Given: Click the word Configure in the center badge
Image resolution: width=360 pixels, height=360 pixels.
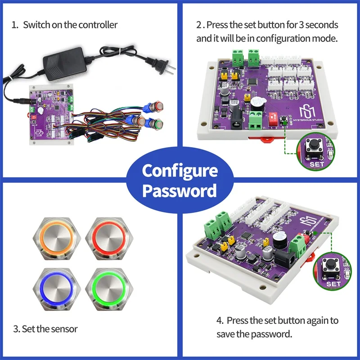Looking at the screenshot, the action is [180, 171].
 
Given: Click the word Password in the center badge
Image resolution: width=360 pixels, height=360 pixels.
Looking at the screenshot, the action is [180, 191].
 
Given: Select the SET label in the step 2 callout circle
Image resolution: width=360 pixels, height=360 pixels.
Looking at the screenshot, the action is [317, 165].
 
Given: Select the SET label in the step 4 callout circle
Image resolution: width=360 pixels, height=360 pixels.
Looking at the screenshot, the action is [333, 284].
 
